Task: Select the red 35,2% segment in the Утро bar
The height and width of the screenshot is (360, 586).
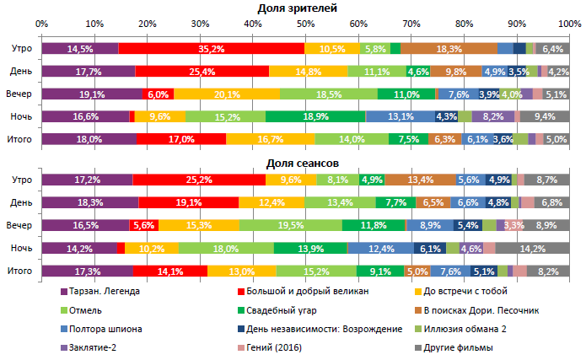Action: [x=212, y=49]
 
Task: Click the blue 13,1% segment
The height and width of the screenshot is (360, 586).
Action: [x=400, y=116]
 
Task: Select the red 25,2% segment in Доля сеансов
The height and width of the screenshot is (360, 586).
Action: [x=199, y=180]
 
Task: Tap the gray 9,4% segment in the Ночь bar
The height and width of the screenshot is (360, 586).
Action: [x=545, y=116]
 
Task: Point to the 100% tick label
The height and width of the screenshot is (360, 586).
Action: [x=567, y=23]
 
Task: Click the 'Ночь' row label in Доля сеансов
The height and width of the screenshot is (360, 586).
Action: [x=21, y=249]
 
